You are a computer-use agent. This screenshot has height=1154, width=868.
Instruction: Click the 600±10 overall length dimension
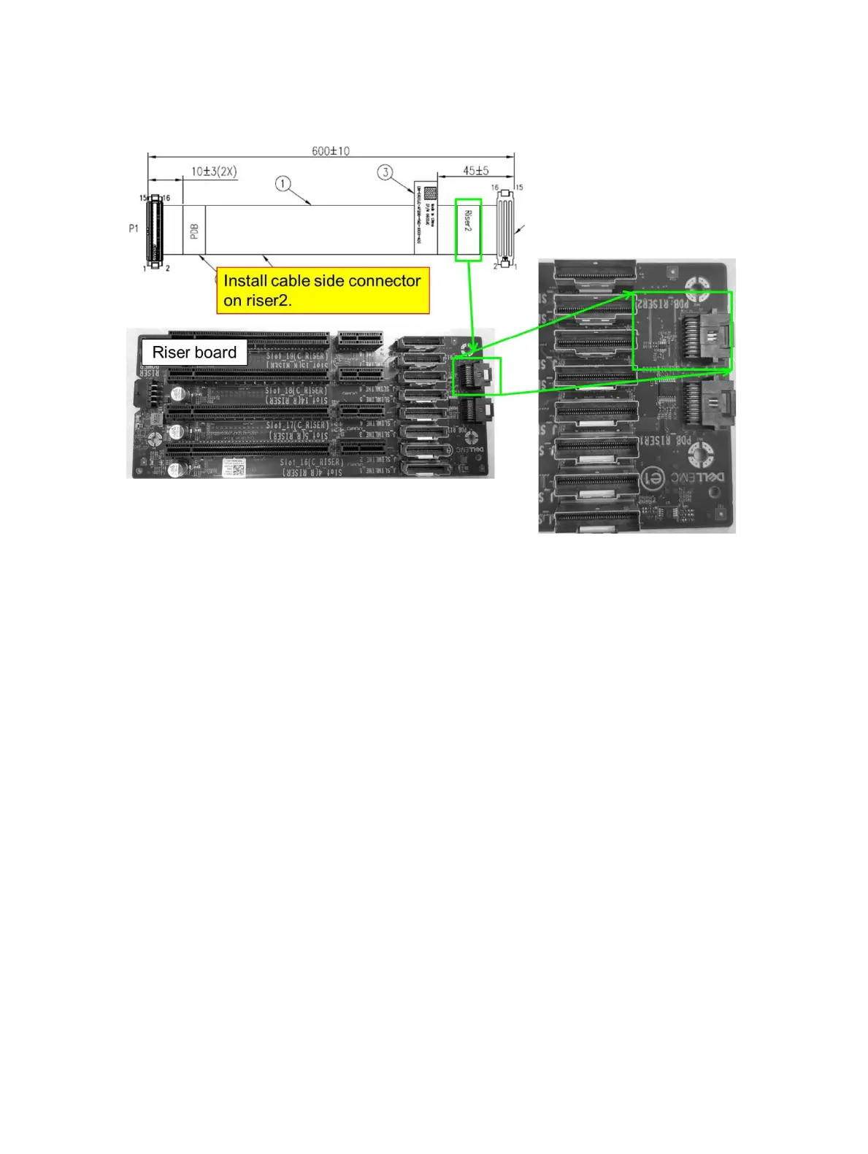point(330,151)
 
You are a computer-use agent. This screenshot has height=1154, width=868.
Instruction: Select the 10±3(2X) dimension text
point(214,172)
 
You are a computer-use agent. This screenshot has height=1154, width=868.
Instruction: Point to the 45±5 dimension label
point(475,171)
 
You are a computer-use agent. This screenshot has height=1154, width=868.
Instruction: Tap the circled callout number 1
point(283,183)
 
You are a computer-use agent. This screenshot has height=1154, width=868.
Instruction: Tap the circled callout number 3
point(385,172)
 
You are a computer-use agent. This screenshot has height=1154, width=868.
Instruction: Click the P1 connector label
point(134,228)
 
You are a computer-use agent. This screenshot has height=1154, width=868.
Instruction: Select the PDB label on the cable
point(194,230)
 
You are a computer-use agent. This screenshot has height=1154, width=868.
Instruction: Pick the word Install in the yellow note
point(245,281)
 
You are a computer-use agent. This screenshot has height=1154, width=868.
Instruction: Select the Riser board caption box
point(194,353)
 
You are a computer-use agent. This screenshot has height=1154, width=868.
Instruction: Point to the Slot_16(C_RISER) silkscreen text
point(310,462)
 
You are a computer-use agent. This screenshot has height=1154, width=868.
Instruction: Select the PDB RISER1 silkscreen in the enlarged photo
point(665,440)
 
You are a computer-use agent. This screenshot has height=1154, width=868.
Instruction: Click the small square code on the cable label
point(430,193)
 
